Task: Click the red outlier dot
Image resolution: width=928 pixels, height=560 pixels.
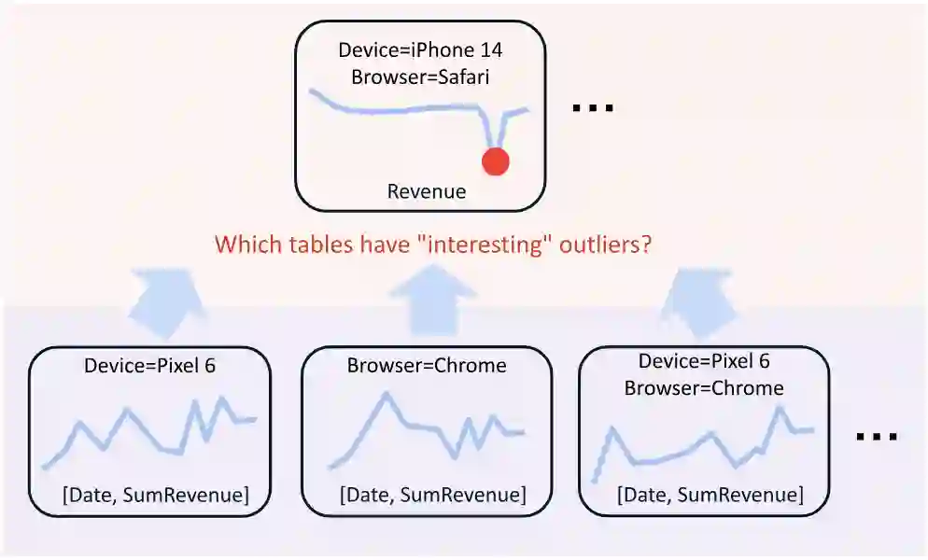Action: (x=495, y=161)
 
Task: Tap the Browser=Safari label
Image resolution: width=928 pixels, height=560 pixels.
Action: (x=420, y=77)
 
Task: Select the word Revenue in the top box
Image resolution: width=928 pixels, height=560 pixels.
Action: (x=427, y=192)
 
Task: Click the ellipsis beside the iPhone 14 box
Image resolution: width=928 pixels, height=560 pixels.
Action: (x=592, y=108)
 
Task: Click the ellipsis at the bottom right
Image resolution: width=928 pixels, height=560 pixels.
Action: (x=877, y=436)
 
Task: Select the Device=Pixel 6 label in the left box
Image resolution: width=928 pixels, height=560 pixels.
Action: (x=149, y=366)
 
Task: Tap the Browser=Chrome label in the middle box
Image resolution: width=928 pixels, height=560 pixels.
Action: (x=427, y=366)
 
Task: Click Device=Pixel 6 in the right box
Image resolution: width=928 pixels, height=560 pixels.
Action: (x=704, y=361)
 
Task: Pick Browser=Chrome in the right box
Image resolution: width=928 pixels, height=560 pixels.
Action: (x=704, y=387)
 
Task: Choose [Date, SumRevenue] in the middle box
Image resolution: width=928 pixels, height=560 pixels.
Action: (x=432, y=495)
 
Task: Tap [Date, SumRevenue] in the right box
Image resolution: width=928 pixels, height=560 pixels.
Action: (x=709, y=495)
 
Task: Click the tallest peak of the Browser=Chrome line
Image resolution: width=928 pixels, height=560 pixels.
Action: (x=386, y=395)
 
